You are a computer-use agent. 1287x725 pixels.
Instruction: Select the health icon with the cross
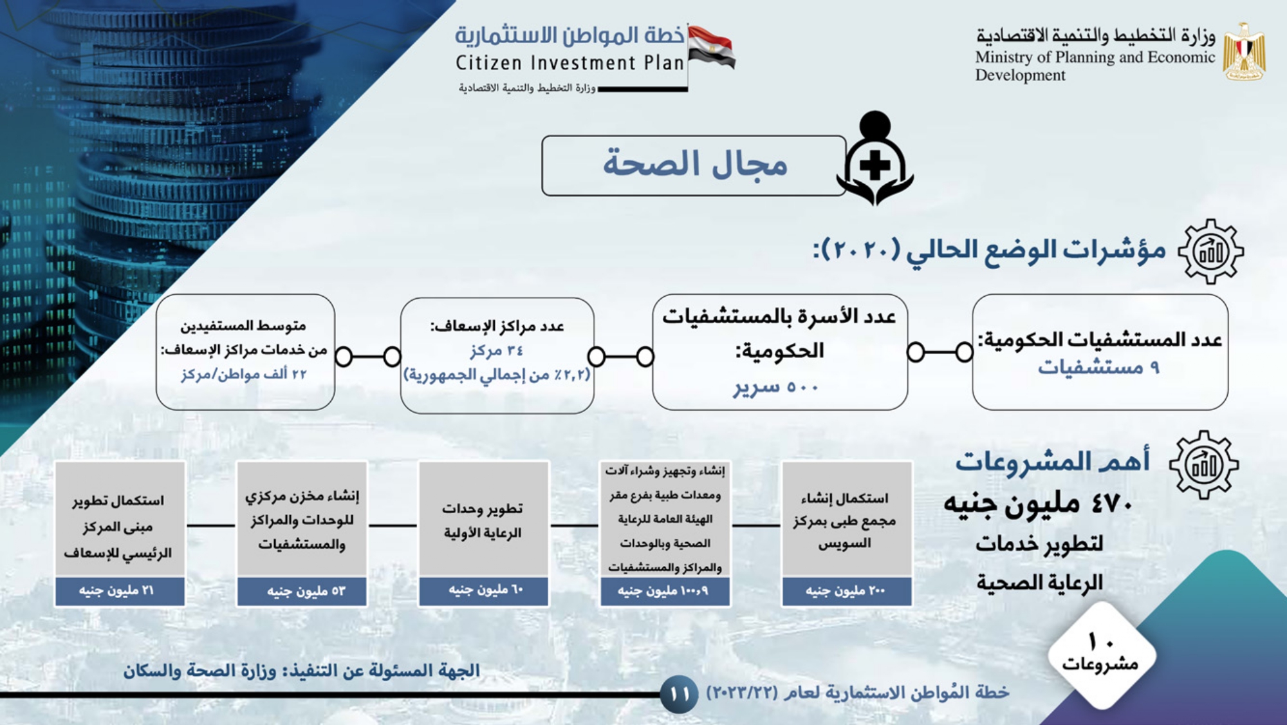click(x=875, y=158)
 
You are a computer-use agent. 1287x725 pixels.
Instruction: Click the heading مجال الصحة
click(x=695, y=164)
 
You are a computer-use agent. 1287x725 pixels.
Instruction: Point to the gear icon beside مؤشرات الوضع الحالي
click(x=1210, y=251)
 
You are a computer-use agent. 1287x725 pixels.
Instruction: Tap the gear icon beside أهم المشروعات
click(x=1204, y=465)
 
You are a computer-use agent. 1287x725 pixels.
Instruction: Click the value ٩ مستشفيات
click(x=1098, y=368)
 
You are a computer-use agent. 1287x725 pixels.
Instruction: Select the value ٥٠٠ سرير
click(x=776, y=388)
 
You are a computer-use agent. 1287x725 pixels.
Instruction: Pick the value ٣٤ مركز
click(x=497, y=351)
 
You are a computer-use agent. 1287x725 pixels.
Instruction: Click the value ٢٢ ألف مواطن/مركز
click(x=244, y=374)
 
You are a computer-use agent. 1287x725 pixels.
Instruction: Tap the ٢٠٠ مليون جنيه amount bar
click(x=847, y=591)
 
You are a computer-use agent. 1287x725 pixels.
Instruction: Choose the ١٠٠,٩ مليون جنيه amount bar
click(x=665, y=591)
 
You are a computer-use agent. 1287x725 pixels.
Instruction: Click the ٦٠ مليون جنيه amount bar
click(x=484, y=591)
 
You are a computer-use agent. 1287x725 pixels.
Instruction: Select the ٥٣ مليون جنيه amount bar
click(x=302, y=591)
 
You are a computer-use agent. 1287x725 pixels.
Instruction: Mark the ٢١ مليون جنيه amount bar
click(x=120, y=591)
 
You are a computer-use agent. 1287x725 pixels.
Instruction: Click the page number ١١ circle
click(x=680, y=694)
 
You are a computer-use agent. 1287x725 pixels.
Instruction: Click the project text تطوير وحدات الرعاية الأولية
click(x=483, y=521)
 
